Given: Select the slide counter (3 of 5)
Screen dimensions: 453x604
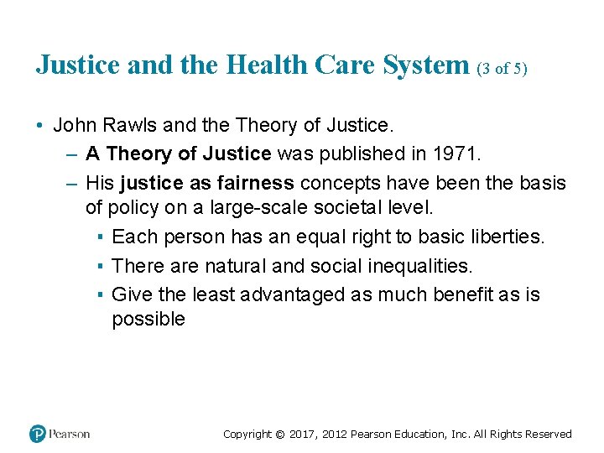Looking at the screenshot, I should click(x=502, y=68).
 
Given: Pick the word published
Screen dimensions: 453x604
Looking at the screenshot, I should click(x=348, y=154).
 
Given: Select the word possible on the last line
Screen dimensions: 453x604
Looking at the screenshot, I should click(x=148, y=319).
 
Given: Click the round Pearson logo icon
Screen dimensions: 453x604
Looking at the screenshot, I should click(x=38, y=434).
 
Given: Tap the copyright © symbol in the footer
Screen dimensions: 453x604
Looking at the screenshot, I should click(x=280, y=435).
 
